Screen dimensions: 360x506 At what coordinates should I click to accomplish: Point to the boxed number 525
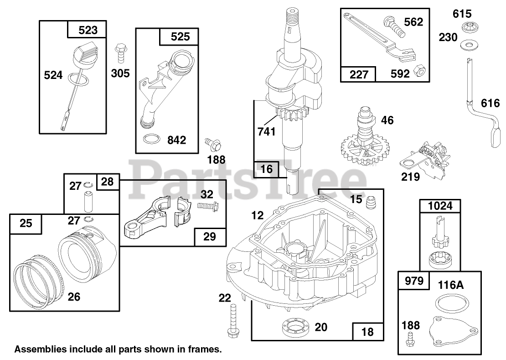pos(180,37)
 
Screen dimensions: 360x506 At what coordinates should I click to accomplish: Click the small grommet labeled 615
pos(467,27)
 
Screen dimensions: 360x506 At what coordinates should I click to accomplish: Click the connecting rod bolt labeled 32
pos(209,207)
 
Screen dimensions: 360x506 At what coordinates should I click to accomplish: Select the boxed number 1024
pos(440,206)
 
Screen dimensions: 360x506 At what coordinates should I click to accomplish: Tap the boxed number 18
pos(367,331)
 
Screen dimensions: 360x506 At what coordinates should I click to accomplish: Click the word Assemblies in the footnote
pos(40,350)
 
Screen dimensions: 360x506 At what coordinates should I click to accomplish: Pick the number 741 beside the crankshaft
pos(266,131)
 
